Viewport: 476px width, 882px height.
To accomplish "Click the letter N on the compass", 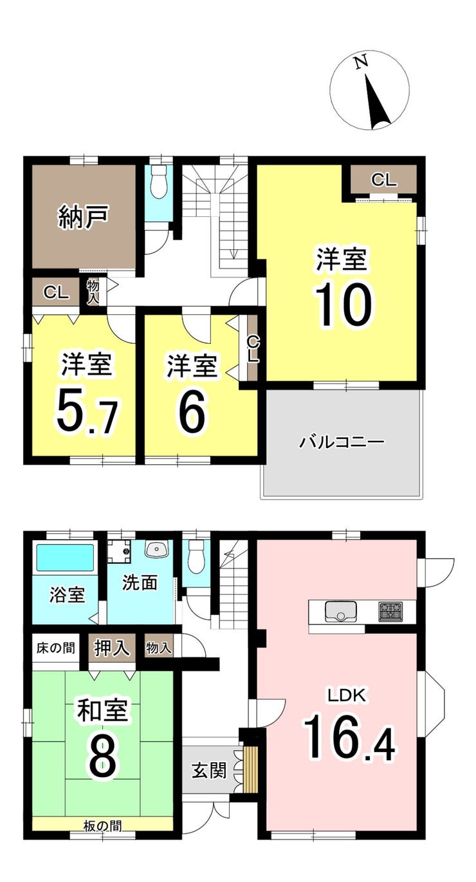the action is [x=360, y=62].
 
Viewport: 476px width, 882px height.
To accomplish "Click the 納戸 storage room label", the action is [x=83, y=217].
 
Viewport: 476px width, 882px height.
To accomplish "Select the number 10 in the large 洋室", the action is [x=343, y=305].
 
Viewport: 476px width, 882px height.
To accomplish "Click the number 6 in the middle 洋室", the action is [x=192, y=411].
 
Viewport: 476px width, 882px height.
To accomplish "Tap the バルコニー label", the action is [x=342, y=442].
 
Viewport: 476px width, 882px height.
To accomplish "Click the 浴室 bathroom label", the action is [x=67, y=595].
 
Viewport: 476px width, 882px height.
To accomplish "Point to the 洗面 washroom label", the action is [x=140, y=583].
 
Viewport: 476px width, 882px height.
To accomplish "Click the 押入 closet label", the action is [x=112, y=647].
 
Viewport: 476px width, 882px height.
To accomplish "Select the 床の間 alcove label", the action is [x=55, y=648].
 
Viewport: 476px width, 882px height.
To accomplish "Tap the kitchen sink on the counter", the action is [x=341, y=612].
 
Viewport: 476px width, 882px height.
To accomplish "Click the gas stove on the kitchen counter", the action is [x=390, y=612].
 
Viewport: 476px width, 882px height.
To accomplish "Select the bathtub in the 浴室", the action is [x=66, y=557].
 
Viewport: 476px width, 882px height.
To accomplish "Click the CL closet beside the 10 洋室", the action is [x=383, y=180].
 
